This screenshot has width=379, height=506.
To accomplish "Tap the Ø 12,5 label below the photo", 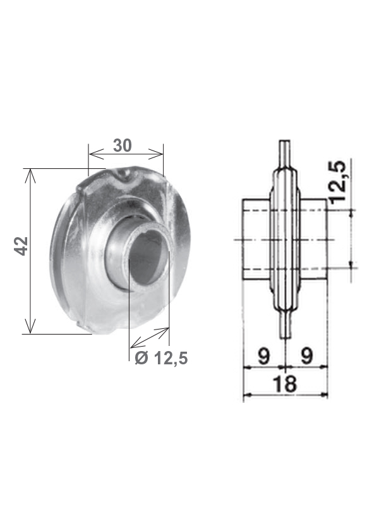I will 161,359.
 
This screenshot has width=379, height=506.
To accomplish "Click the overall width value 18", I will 286,383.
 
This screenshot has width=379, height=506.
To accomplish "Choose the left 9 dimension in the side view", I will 263,356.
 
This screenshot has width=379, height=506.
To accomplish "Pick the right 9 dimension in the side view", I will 307,356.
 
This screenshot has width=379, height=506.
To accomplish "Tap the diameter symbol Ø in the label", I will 141,359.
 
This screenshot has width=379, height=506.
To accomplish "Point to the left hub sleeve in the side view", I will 256,239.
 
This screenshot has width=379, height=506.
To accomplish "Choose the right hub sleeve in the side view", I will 315,239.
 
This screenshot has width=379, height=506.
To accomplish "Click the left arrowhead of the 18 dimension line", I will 246,395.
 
